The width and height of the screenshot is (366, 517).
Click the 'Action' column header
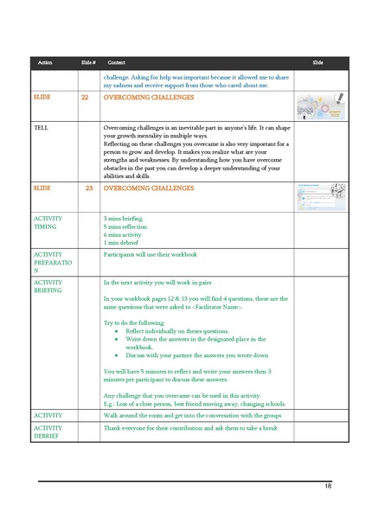tap(45, 63)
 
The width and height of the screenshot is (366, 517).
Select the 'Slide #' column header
tap(87, 63)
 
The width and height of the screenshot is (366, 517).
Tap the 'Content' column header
tap(116, 63)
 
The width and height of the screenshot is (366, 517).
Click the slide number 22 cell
tap(84, 99)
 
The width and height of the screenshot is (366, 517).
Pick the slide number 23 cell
tap(88, 188)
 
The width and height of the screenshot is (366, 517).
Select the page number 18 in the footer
tap(328, 487)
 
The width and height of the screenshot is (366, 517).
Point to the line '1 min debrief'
tap(122, 243)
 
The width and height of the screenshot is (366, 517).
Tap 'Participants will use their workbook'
tap(151, 255)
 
